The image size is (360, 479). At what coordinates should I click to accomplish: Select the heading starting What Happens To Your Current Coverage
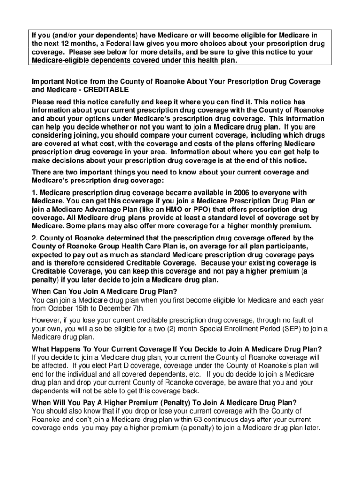[176, 349]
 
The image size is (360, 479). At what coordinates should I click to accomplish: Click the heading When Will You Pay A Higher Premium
[164, 403]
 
